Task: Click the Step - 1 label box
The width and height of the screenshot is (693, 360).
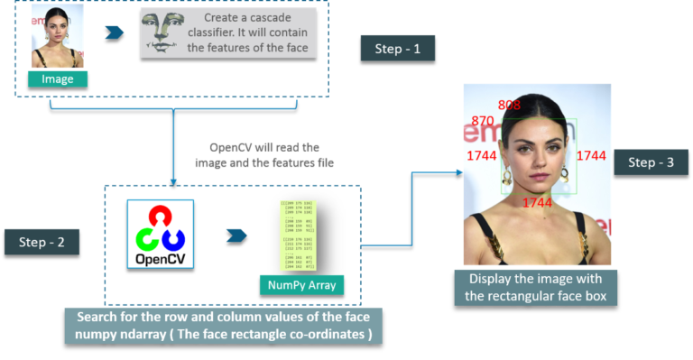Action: (x=398, y=49)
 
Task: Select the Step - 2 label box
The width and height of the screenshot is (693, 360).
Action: (x=42, y=242)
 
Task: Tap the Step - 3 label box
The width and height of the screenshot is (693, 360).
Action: (x=651, y=162)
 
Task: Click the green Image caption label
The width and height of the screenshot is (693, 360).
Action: (x=57, y=78)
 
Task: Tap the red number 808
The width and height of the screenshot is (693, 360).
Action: (x=509, y=106)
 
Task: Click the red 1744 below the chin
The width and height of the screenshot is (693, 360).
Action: (x=537, y=203)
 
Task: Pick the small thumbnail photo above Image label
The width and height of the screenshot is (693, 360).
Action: (x=57, y=37)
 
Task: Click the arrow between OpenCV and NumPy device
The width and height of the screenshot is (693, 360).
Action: (x=236, y=235)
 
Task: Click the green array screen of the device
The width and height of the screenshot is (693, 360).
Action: (x=301, y=235)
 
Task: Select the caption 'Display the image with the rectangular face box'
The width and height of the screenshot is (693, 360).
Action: (x=533, y=287)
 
